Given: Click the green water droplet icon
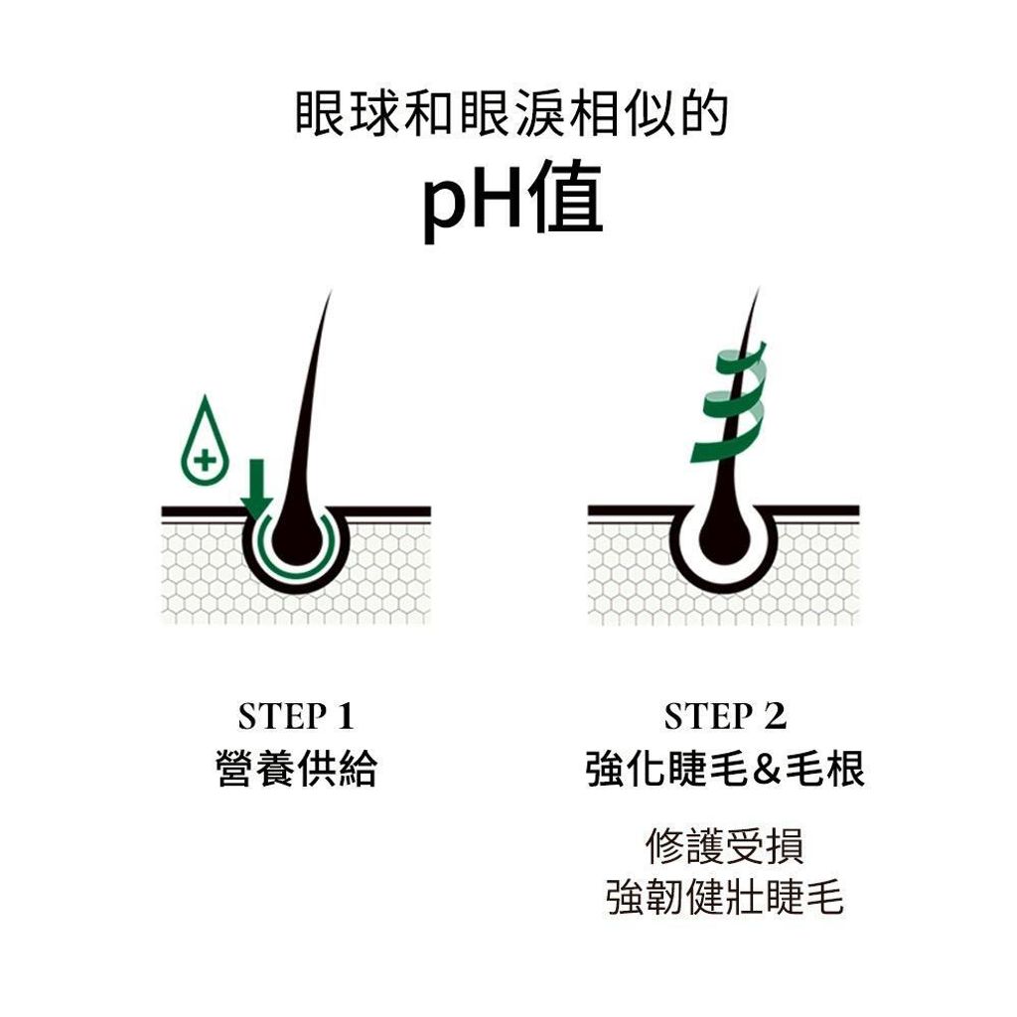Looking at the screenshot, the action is (x=205, y=441).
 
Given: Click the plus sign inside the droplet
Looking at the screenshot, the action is (x=205, y=461).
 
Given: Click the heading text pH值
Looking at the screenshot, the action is (x=512, y=200).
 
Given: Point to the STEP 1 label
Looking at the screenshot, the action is (x=296, y=716).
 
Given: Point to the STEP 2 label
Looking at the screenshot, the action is (x=725, y=716).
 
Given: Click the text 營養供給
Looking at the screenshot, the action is (x=296, y=770).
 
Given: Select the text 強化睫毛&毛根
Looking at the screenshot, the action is (x=725, y=770).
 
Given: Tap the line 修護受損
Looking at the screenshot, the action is (x=725, y=846).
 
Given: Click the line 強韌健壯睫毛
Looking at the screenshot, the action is (x=725, y=898).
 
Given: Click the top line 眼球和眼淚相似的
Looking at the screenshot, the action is (x=512, y=114).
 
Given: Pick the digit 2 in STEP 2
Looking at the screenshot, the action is (x=775, y=716).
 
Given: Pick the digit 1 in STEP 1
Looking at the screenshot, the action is (x=345, y=716).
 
